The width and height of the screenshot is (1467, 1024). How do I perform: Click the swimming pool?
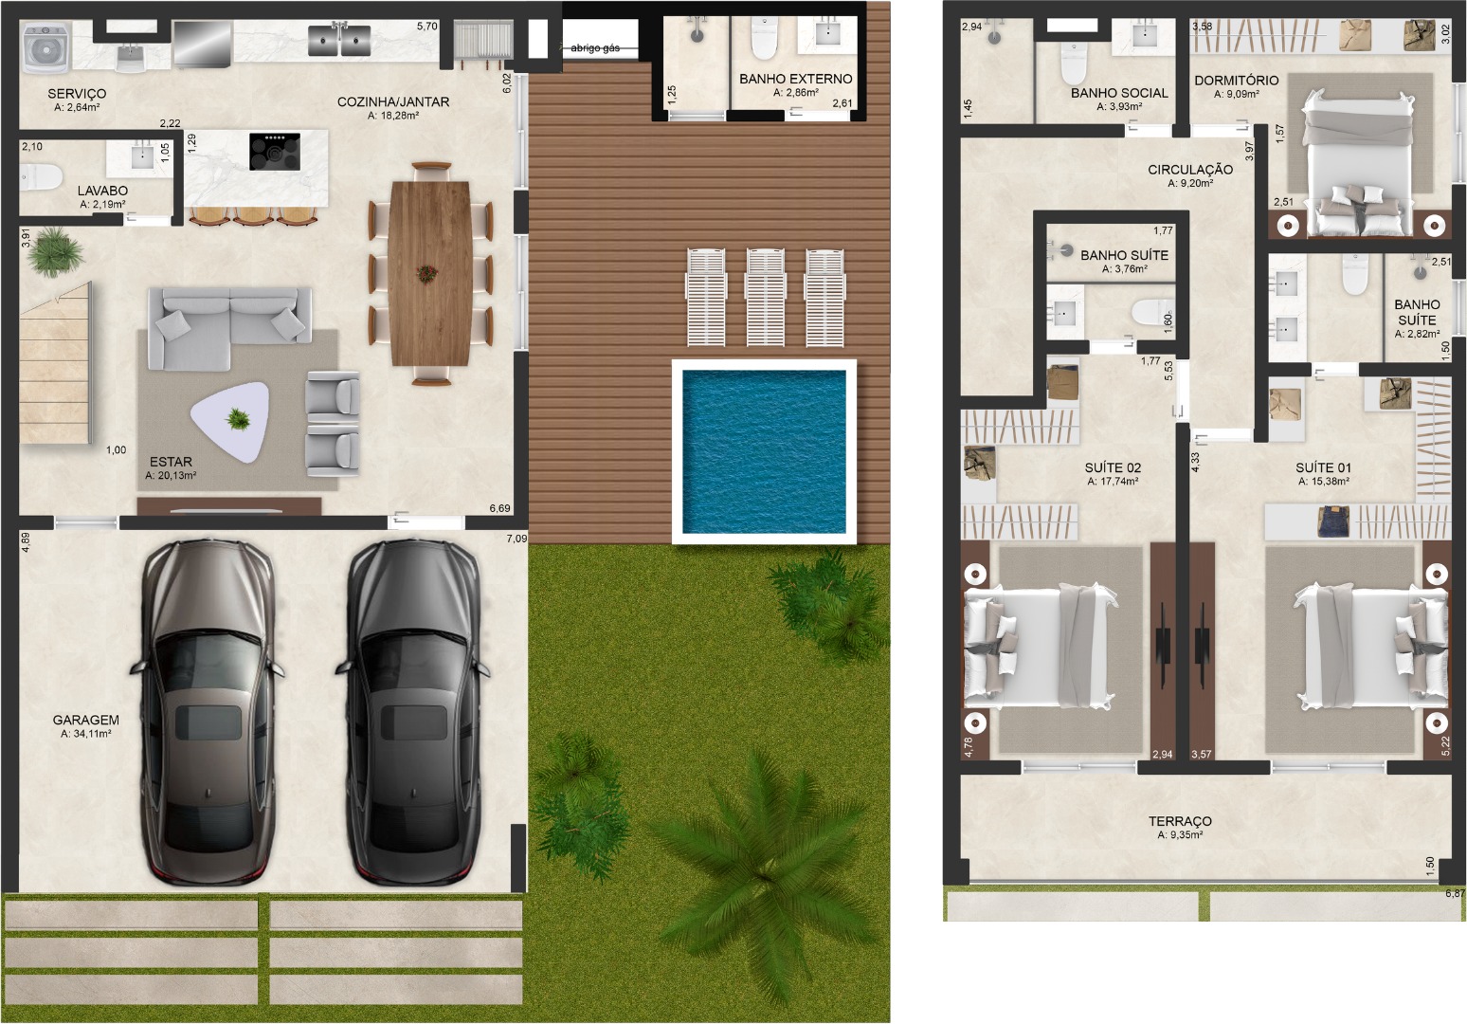[764, 452]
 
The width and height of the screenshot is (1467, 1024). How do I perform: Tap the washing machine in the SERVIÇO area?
[45, 47]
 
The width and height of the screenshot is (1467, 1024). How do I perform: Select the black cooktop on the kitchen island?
[275, 152]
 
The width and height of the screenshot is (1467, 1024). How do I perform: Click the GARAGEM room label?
[86, 720]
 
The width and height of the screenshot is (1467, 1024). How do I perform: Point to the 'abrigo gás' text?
[594, 47]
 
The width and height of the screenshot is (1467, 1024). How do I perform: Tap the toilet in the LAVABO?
[41, 177]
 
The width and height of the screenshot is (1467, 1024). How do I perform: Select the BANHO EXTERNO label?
[796, 79]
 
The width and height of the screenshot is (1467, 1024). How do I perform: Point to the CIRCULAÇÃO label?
[1190, 170]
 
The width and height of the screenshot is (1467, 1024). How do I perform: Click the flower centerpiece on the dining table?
[426, 272]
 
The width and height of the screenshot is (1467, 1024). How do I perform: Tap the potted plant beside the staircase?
[55, 251]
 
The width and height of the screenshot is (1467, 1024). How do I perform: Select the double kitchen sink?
[339, 39]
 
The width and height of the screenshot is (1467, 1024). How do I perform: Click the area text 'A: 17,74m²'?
[1113, 482]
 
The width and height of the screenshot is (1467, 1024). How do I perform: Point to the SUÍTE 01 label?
[1323, 467]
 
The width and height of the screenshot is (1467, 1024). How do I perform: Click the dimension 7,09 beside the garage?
[516, 539]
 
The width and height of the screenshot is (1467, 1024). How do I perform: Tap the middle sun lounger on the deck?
[765, 297]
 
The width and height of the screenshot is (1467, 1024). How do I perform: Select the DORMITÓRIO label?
[1237, 81]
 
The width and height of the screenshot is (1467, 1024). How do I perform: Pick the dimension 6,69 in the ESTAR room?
[499, 508]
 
